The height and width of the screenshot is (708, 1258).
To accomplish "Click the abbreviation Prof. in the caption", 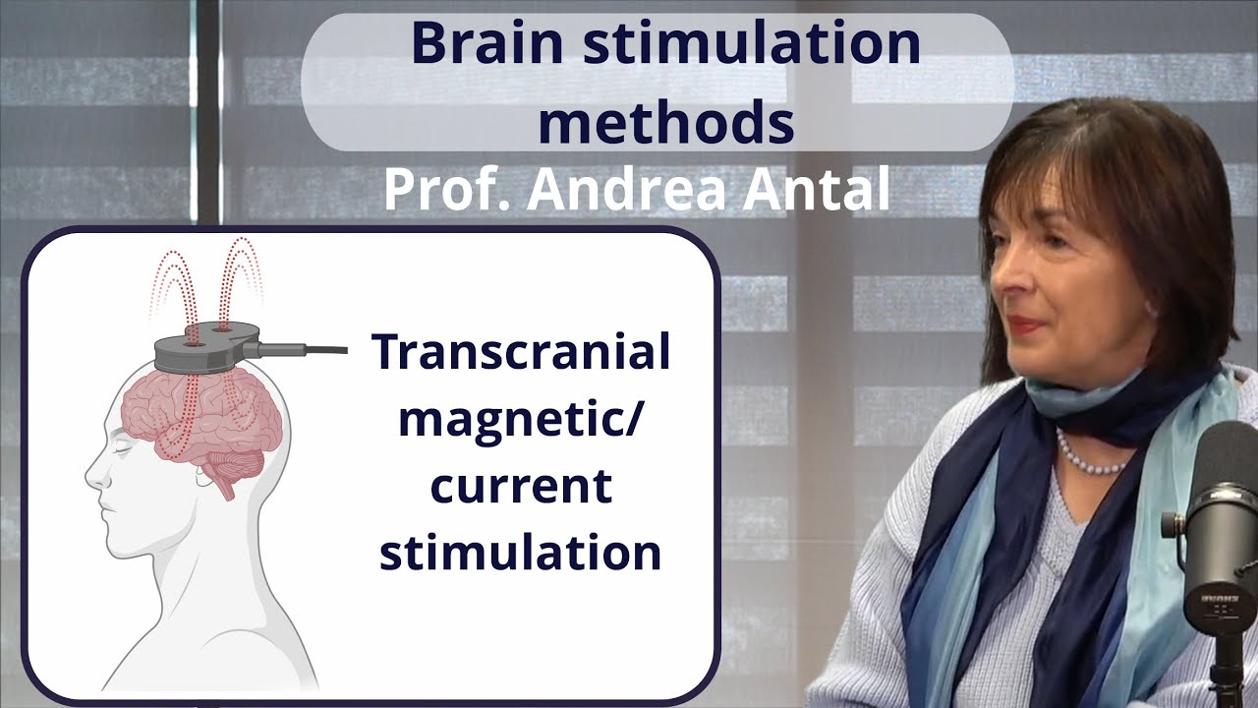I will [446, 190].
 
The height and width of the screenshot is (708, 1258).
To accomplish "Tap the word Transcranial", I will [521, 353].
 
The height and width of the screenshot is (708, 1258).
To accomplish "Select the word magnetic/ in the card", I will [521, 421].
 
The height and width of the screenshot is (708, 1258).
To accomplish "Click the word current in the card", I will [521, 487].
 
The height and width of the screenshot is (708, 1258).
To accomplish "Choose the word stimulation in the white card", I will [521, 553].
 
